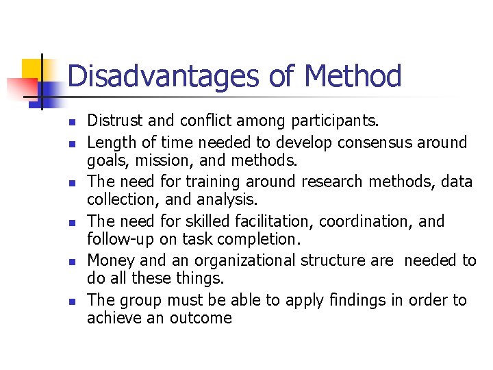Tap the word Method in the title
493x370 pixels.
pos(353,76)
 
